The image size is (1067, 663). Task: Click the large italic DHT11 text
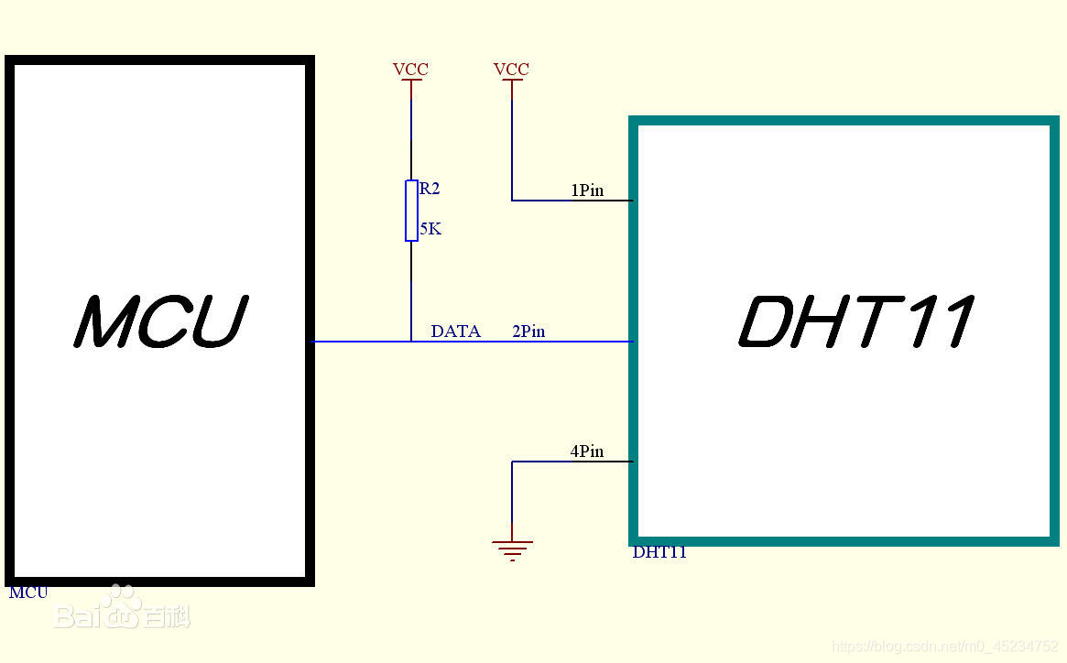[855, 321]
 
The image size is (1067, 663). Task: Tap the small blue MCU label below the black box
[28, 592]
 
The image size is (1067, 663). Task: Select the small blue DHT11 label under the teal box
[659, 552]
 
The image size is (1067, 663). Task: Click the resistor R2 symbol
[411, 211]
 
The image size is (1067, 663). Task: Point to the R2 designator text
[430, 189]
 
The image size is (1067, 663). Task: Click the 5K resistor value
[430, 229]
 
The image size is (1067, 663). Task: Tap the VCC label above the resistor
[410, 70]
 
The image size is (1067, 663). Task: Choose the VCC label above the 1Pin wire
[511, 70]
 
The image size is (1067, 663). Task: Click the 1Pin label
[587, 190]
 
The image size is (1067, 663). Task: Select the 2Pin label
[528, 331]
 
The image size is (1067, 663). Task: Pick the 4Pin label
[587, 451]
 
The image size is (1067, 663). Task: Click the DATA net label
[455, 331]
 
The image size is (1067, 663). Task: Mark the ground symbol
[512, 549]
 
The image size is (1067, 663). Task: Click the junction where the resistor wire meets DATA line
[411, 342]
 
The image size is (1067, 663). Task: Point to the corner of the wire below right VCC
[512, 200]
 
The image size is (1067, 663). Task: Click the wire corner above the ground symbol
[512, 462]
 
